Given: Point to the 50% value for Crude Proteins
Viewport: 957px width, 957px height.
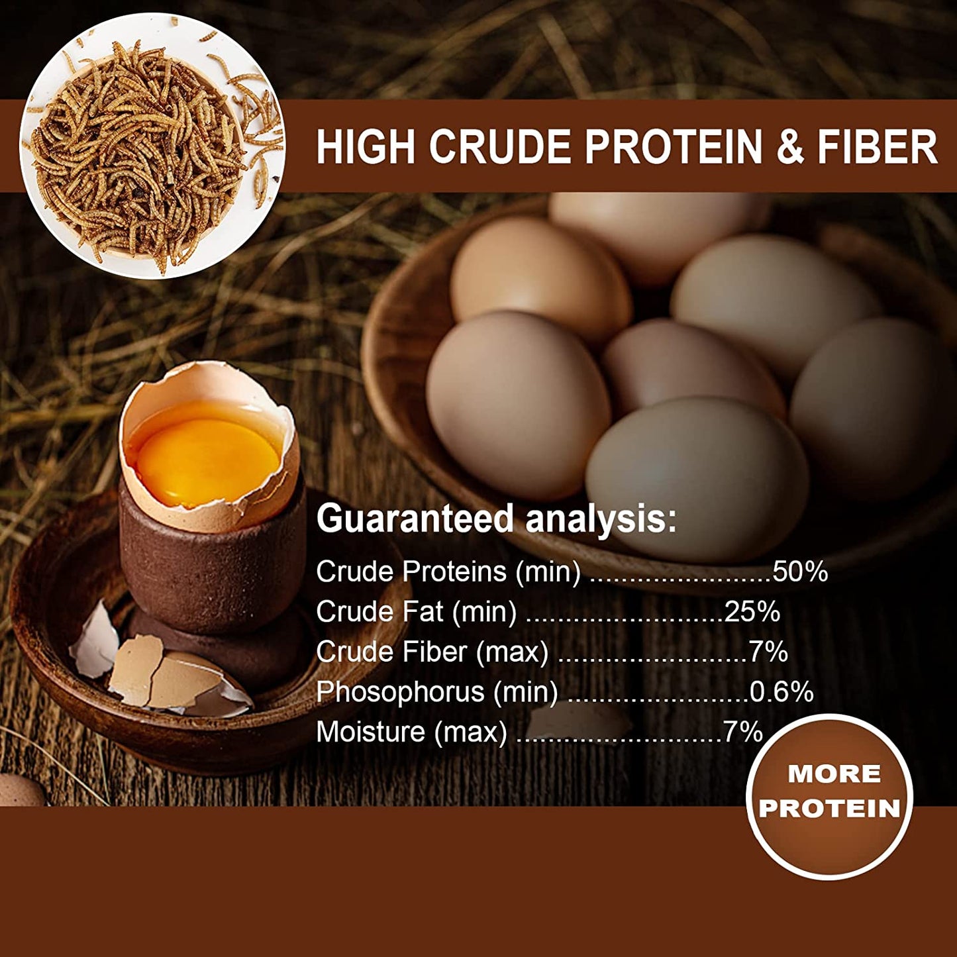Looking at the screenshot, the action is coord(800,572).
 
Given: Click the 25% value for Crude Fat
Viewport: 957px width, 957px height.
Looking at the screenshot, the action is coord(752,611).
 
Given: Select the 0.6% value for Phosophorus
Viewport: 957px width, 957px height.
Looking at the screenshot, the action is coord(781,691).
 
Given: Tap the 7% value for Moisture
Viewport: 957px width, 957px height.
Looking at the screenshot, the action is coord(742,732).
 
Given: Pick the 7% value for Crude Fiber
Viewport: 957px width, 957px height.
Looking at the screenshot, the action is coord(768,652).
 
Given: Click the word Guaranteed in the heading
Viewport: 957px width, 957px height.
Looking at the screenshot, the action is coord(415,518).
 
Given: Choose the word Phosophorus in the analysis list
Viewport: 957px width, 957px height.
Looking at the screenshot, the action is coord(400,692).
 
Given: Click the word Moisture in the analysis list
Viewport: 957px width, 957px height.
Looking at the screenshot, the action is coord(371,732).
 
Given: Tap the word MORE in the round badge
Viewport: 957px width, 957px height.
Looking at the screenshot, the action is coord(834,774).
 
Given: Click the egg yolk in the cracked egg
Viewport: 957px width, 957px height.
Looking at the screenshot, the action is coord(207,460).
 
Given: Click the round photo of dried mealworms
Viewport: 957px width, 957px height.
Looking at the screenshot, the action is coord(152,146).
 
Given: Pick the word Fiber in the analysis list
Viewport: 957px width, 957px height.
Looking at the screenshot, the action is coord(434,652).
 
